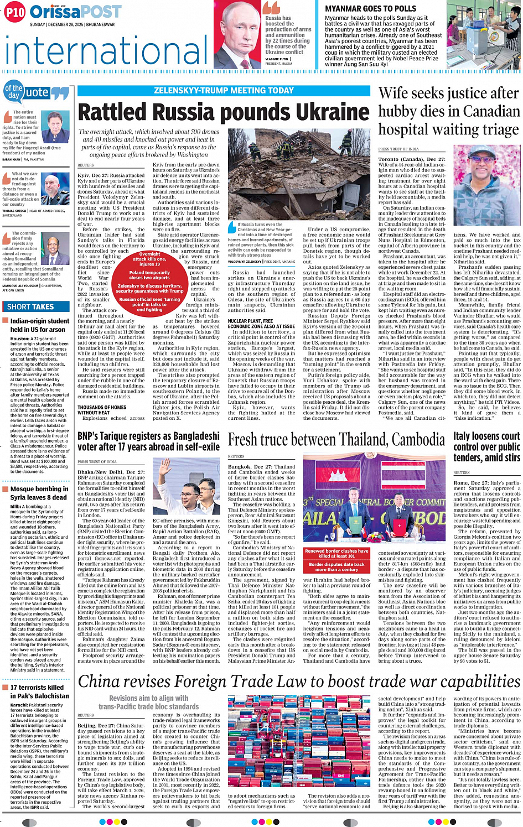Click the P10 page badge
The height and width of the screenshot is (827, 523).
14,12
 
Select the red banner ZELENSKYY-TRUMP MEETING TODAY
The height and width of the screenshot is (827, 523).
224,91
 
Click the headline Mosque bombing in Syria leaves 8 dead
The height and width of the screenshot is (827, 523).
39,493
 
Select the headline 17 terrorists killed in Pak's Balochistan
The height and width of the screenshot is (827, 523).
39,691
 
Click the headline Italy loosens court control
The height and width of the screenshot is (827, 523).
486,446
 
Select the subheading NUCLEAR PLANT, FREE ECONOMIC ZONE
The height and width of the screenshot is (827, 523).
261,324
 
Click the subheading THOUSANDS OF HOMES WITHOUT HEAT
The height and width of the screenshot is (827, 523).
102,410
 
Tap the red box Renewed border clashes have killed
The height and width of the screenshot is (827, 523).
336,553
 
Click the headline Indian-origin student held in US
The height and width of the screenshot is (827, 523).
39,325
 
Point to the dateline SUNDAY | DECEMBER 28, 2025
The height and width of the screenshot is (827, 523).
73,24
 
